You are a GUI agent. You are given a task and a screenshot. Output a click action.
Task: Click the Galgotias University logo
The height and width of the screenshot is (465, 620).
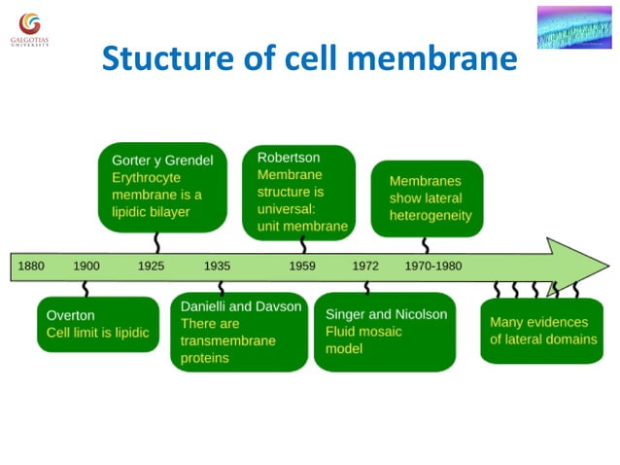coord(30,28)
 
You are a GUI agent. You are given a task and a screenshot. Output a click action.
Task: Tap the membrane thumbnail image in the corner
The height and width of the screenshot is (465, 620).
coord(574,26)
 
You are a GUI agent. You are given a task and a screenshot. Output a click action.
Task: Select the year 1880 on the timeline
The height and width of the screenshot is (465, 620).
coord(31,266)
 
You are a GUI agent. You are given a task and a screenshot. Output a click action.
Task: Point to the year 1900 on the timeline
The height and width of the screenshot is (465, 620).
coord(86,266)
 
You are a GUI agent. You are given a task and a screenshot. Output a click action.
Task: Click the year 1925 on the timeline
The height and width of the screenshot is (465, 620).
coord(151,266)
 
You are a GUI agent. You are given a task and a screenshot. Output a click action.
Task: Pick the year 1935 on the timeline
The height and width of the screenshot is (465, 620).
coord(217,266)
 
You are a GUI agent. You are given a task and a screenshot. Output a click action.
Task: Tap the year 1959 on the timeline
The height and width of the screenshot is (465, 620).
coord(302,266)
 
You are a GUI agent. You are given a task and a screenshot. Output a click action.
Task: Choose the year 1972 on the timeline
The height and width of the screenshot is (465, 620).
coord(365,266)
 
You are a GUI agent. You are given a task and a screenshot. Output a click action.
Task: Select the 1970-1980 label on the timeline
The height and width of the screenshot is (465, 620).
coord(433,266)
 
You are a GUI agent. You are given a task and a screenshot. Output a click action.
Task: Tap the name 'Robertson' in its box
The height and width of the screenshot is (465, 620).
coord(288,157)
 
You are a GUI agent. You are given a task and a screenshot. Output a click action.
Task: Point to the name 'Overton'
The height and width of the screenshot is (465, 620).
coord(72,315)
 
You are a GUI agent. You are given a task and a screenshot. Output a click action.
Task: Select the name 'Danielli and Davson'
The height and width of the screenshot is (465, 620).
coord(241,306)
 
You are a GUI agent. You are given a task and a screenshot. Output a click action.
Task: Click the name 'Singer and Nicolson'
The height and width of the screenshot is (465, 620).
coord(386,314)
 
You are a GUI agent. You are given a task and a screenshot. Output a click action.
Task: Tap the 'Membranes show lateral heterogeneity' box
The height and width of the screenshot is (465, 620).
coord(428,198)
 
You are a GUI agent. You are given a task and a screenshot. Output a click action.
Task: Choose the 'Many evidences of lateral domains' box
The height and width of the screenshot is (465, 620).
coord(542,330)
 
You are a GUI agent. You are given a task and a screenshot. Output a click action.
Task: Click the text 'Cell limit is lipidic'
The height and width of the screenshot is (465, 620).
coord(97,333)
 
